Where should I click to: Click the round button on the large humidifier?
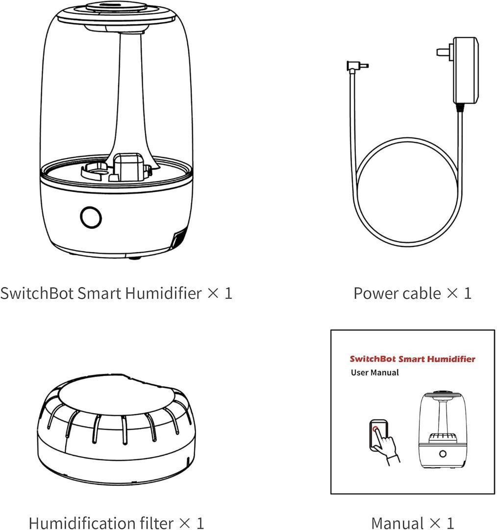click(91, 217)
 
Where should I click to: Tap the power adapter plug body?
click(465, 70)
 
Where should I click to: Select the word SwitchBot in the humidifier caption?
click(37, 292)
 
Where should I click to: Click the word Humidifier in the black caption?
click(163, 292)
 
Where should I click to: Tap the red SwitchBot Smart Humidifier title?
click(412, 359)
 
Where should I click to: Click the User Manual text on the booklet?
click(375, 372)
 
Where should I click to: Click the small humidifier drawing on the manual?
click(443, 429)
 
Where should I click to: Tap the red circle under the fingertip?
click(375, 429)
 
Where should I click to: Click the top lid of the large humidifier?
click(116, 16)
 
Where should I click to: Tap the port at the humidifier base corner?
click(178, 239)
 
